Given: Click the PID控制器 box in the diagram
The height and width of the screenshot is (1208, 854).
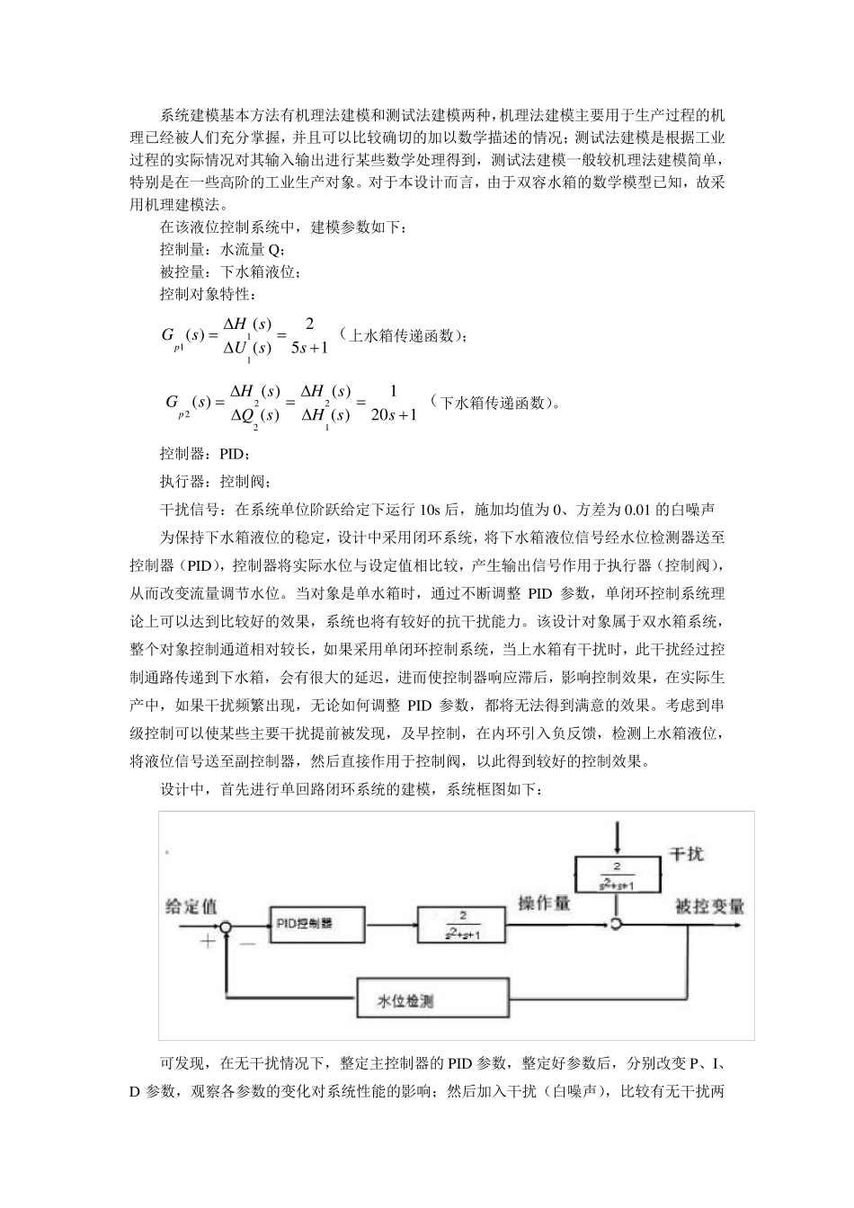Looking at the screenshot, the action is pyautogui.click(x=317, y=924).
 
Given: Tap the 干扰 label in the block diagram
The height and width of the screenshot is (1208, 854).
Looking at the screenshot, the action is pyautogui.click(x=687, y=854).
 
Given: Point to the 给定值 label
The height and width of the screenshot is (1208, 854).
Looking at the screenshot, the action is pyautogui.click(x=190, y=906).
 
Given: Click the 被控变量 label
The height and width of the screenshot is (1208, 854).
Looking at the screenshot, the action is pyautogui.click(x=709, y=906).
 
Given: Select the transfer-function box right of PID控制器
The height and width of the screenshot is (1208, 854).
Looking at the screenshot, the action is pyautogui.click(x=461, y=924).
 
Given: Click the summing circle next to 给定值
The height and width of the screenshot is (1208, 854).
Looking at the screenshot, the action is pyautogui.click(x=227, y=925).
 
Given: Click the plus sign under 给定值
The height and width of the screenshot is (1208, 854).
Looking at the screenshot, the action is pyautogui.click(x=208, y=941).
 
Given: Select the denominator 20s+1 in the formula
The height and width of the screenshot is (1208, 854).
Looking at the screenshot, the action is pyautogui.click(x=394, y=414).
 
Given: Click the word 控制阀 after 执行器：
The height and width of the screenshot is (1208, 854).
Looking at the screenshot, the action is pyautogui.click(x=243, y=482).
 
